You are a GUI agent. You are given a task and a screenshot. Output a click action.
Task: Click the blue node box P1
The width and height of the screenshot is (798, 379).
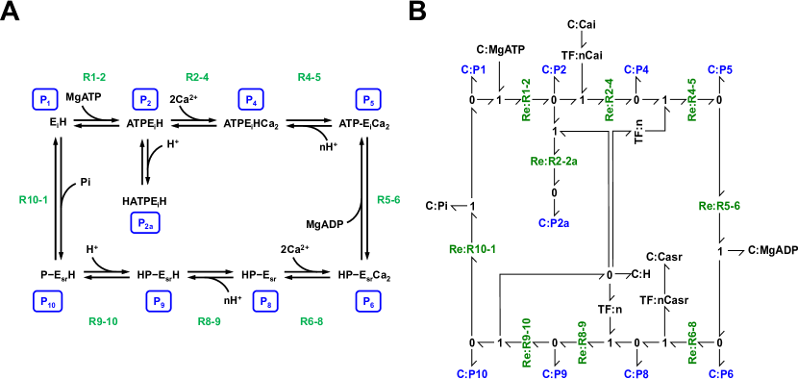point(45,99)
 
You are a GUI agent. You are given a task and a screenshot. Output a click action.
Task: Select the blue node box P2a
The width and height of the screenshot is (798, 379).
point(145,222)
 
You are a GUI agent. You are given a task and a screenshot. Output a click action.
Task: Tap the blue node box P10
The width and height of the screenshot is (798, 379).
point(47,301)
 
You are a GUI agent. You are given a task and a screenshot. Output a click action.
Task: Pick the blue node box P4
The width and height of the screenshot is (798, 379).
point(251,99)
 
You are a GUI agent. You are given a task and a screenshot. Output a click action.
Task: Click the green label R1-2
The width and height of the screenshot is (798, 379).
point(94,77)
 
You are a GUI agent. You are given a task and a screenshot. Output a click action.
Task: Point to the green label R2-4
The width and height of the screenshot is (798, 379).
point(197,77)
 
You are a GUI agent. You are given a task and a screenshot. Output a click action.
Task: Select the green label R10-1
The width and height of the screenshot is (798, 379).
point(34,200)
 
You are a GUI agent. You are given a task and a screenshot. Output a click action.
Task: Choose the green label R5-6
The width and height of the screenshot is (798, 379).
point(388,200)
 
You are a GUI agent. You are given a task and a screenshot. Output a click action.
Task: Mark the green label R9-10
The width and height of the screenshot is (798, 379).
point(103,321)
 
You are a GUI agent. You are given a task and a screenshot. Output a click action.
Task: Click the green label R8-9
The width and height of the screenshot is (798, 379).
point(210,321)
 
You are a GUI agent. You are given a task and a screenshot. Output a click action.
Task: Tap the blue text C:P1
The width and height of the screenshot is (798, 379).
point(473,70)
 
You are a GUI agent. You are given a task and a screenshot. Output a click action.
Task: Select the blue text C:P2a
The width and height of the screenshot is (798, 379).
point(554,223)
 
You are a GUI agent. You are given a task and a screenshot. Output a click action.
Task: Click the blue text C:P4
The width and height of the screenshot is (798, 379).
point(636,70)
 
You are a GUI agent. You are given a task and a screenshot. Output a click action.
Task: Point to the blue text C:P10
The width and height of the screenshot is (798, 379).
point(472,373)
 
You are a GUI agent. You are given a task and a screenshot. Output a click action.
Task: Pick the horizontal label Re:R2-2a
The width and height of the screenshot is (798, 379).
point(554,162)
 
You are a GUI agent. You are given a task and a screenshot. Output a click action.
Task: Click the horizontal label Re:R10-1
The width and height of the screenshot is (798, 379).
point(472,249)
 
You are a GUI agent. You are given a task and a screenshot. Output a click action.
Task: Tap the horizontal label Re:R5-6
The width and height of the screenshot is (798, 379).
point(719,206)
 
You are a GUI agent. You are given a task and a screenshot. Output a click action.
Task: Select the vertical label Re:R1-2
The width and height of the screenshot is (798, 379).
point(527,100)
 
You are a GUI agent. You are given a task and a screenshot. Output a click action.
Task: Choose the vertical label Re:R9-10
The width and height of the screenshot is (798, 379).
point(527,342)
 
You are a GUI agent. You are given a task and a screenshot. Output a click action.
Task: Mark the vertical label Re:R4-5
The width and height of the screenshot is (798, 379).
point(692,100)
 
